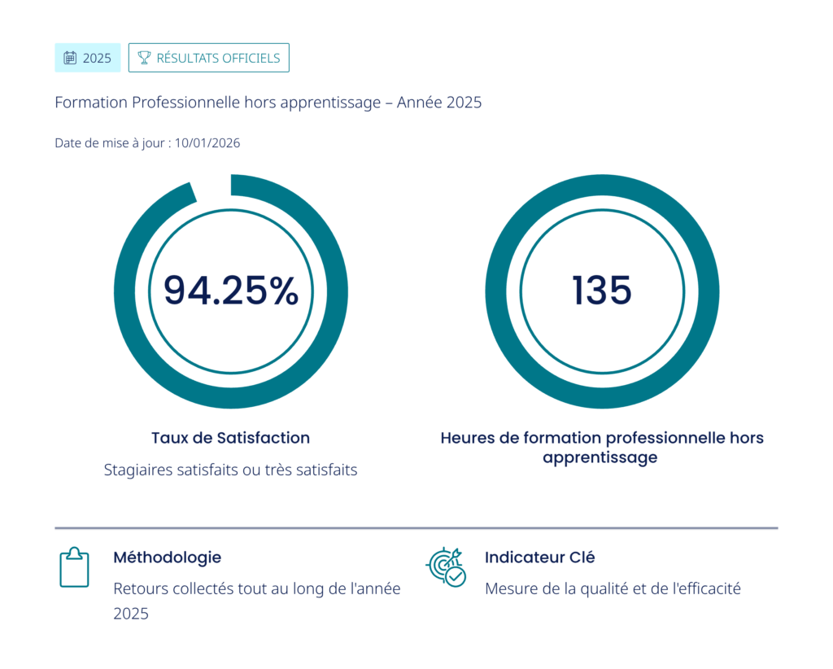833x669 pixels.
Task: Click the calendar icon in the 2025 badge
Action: click(70, 58)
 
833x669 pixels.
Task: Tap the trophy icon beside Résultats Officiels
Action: click(144, 58)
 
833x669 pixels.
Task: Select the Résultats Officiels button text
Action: click(218, 58)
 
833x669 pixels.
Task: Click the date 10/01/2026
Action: click(207, 143)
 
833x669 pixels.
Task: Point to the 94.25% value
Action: click(231, 291)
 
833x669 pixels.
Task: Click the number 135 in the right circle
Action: click(602, 291)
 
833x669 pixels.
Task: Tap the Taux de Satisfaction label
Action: click(230, 438)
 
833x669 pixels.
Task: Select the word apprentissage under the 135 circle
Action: click(600, 457)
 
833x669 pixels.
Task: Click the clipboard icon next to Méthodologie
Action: click(74, 567)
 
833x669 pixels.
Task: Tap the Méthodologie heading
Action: click(167, 557)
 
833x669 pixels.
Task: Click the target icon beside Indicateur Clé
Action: click(446, 566)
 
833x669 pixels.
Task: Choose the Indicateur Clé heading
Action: click(539, 557)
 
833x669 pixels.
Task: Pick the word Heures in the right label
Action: click(468, 438)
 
